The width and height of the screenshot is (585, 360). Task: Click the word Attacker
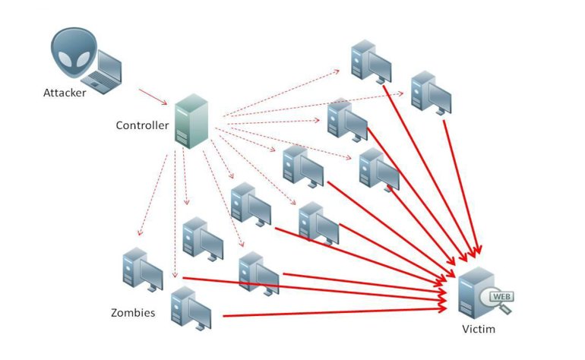click(65, 93)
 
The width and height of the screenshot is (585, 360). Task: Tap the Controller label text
click(142, 125)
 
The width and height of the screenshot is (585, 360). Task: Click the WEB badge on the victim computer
click(499, 296)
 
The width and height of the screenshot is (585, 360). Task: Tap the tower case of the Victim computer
click(474, 292)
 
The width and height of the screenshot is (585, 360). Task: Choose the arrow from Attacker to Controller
click(155, 98)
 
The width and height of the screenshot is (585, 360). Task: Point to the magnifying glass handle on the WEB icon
click(508, 309)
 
